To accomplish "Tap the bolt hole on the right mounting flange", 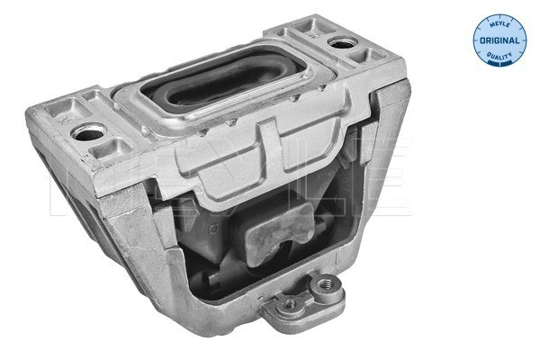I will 339,41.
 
